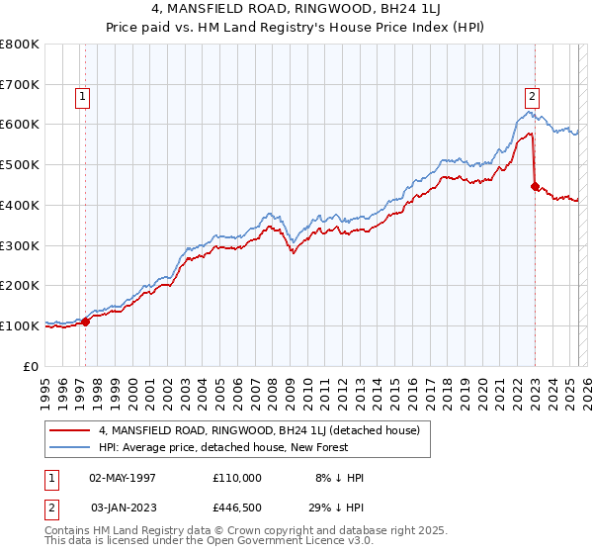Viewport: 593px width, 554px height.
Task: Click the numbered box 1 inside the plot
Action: pos(81,97)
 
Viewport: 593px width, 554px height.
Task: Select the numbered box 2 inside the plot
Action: pos(532,97)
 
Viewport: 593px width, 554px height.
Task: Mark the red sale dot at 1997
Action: pos(86,321)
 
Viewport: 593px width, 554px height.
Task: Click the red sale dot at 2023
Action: pos(535,186)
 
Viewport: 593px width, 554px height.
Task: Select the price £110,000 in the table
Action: pos(237,478)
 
